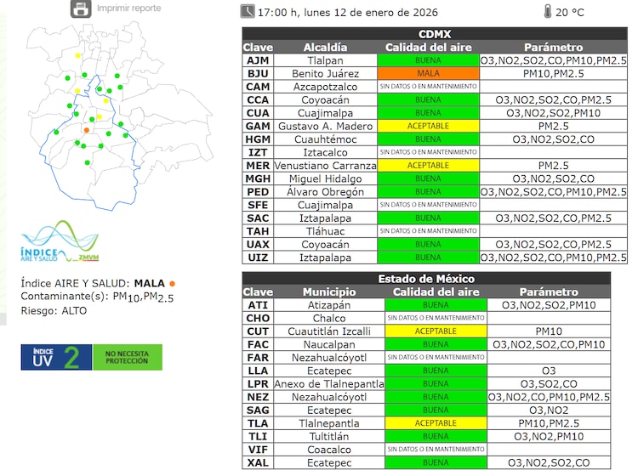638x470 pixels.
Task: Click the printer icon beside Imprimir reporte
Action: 81,9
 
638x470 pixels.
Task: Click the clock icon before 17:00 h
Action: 247,12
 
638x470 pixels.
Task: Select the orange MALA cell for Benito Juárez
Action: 428,74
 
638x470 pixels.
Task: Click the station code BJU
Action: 258,74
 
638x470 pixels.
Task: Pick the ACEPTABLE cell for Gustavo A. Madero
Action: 428,126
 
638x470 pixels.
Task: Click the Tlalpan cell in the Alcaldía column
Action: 326,61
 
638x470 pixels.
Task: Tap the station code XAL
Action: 258,462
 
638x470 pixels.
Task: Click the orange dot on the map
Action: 86,130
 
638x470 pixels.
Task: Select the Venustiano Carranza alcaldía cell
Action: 326,166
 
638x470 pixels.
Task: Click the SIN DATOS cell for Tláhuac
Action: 428,231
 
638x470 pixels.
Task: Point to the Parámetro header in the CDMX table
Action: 553,48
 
